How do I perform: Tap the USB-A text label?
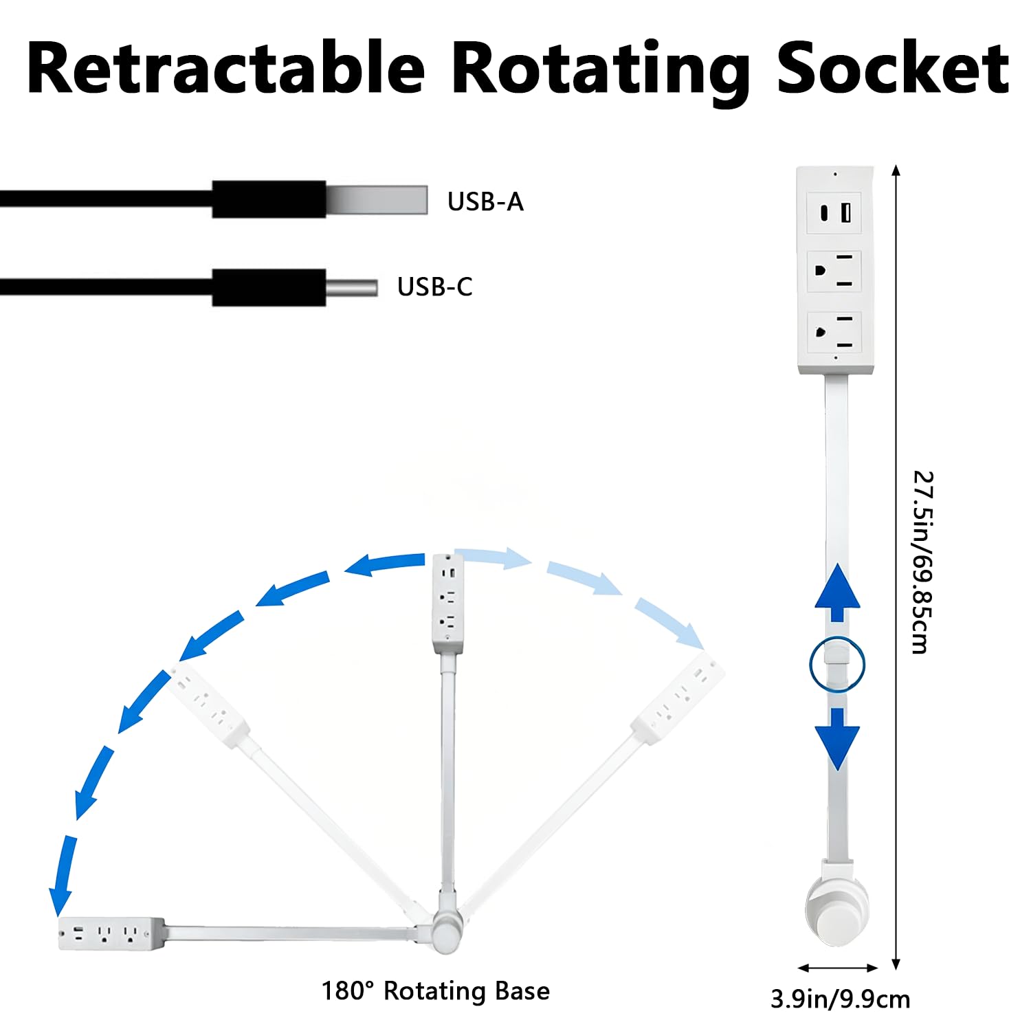(x=485, y=201)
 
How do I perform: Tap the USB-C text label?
(x=435, y=287)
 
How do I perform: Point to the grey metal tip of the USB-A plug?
(x=377, y=199)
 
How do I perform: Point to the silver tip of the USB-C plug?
(x=351, y=287)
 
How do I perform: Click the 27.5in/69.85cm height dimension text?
(x=922, y=562)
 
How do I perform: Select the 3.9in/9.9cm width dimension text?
(x=840, y=999)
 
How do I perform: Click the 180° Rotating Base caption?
(x=436, y=990)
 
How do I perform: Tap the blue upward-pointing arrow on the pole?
(x=837, y=592)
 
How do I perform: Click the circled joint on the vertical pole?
(x=837, y=664)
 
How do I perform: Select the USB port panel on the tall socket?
(x=834, y=212)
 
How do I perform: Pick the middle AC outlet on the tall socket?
(x=834, y=270)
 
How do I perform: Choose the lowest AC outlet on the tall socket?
(x=834, y=332)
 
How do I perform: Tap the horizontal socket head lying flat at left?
(x=111, y=934)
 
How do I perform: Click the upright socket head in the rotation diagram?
(x=447, y=603)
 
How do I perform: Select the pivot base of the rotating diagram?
(x=446, y=931)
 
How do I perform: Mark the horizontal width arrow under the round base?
(x=838, y=968)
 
